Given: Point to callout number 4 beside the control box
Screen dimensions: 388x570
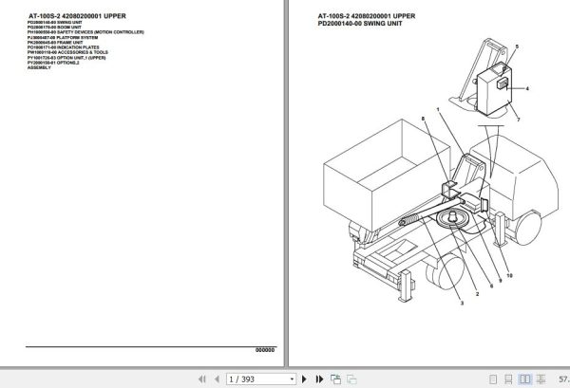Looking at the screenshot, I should click(526, 88).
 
